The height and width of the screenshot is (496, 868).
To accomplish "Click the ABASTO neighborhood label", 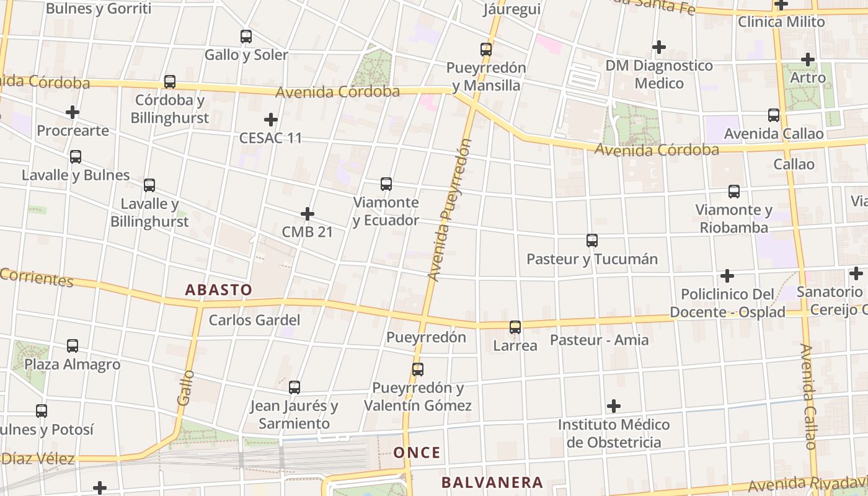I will (x=219, y=290).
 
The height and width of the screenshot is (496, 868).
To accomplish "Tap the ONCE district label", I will (x=417, y=453).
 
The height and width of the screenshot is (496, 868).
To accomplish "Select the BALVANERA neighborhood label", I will (x=492, y=482).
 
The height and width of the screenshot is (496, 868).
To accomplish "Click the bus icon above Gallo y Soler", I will (x=246, y=37).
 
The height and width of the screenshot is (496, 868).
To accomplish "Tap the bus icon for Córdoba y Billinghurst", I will (x=169, y=82).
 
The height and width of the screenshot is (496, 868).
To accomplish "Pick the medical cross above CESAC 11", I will (x=271, y=119).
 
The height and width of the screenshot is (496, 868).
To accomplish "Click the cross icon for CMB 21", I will (x=307, y=214).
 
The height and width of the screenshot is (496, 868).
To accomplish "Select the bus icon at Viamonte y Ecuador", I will (x=386, y=184).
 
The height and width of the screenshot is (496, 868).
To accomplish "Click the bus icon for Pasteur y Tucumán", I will (x=592, y=241).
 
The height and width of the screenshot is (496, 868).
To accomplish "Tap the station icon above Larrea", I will (x=515, y=327).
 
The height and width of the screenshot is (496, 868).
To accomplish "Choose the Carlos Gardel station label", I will (x=254, y=320).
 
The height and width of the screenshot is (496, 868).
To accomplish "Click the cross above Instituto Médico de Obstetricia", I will (x=614, y=406).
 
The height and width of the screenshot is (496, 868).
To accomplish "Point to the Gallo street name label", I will (x=185, y=388).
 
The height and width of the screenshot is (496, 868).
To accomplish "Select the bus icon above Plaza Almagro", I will (x=73, y=346).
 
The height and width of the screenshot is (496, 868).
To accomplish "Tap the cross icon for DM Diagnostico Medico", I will (x=659, y=47).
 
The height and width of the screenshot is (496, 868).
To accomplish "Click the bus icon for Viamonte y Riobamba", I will (x=734, y=192).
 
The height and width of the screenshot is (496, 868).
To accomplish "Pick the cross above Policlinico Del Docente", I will (x=727, y=275).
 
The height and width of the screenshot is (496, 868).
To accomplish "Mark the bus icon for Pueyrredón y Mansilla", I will (x=486, y=50).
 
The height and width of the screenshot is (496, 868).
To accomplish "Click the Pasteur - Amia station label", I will (x=600, y=340).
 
